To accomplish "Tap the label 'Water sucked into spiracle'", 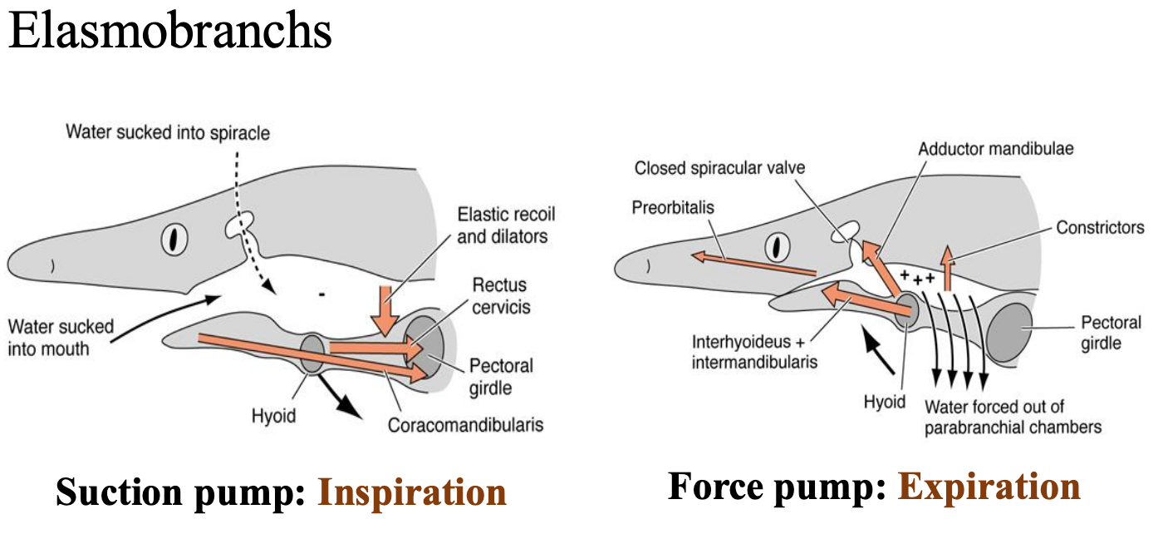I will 168,131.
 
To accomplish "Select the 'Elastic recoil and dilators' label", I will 506,225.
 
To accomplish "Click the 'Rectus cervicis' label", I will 499,296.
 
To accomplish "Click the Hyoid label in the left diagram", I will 273,415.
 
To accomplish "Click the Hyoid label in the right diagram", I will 884,402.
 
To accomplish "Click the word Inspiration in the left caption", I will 412,492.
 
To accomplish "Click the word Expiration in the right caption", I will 989,487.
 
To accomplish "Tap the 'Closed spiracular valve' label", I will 720,168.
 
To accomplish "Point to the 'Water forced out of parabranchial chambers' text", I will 1013,417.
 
